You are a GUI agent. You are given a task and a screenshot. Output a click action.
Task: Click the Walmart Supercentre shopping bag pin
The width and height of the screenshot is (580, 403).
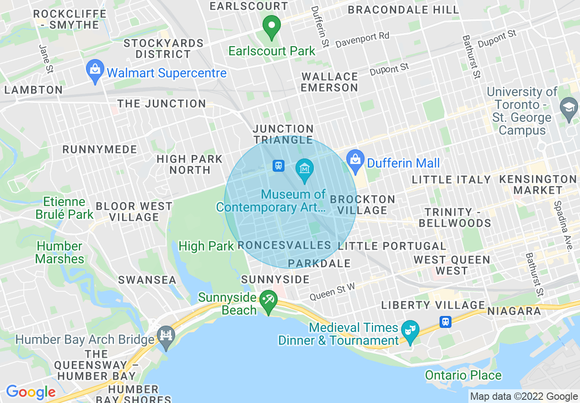tap(95, 71)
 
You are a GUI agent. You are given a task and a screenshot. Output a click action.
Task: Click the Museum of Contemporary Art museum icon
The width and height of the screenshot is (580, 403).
tap(304, 169)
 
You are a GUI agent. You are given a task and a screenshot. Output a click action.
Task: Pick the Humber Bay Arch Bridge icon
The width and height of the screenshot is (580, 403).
tap(165, 336)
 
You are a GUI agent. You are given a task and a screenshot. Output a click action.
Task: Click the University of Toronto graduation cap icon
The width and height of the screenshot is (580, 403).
tap(569, 108)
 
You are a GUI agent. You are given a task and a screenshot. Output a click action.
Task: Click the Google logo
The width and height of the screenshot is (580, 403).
tap(31, 392)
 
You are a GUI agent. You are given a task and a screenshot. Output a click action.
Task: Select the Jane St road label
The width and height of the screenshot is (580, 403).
tap(46, 59)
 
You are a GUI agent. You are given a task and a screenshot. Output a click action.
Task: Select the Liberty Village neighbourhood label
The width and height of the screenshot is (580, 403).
tap(433, 305)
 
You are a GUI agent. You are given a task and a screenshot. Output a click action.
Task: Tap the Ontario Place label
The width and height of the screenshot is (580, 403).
tap(463, 376)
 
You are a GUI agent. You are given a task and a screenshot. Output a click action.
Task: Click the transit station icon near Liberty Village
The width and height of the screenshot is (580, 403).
tap(446, 322)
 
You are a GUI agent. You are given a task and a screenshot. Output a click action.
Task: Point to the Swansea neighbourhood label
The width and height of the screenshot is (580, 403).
tap(147, 280)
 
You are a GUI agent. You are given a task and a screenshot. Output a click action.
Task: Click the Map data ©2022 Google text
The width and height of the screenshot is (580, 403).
tap(524, 397)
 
